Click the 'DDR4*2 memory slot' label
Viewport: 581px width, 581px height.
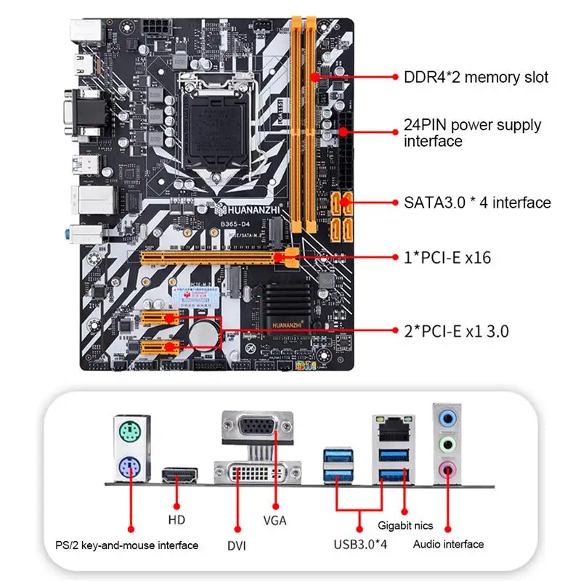[x=476, y=77]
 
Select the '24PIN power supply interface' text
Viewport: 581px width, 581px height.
[x=472, y=133]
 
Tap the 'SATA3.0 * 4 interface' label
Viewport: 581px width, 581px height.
[x=477, y=203]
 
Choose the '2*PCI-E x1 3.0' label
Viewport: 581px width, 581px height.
[x=456, y=331]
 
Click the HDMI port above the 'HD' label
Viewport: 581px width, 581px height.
[x=180, y=476]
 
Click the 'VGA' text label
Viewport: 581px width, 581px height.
[x=275, y=520]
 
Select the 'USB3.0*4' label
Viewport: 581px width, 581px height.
[x=361, y=544]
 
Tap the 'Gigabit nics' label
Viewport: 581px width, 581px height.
[x=405, y=524]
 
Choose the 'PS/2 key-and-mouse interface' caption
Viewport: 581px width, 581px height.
[x=126, y=545]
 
